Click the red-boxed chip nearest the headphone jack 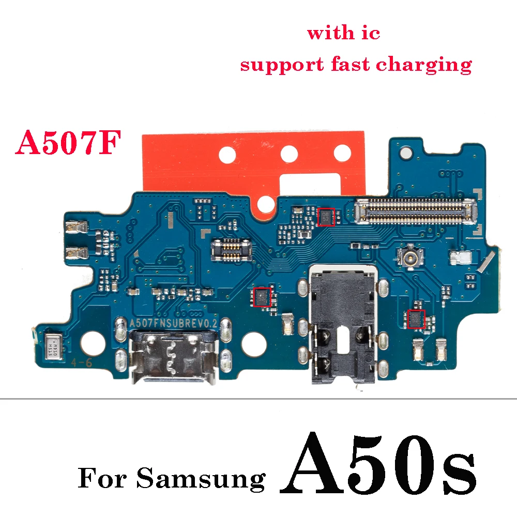(x=263, y=297)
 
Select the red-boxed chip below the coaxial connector (x=415, y=319)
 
